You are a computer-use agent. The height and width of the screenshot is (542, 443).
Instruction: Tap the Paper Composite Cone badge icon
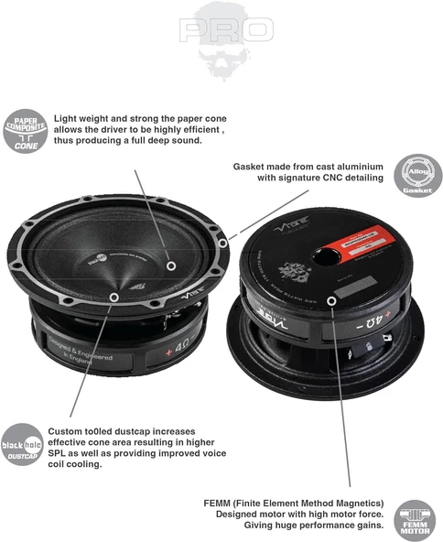click(x=26, y=131)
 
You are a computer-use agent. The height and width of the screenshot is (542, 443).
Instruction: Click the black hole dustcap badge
click(x=25, y=443)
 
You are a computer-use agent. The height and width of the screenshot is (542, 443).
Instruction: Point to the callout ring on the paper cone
click(x=170, y=266)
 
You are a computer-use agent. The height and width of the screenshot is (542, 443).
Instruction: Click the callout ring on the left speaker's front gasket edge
click(x=113, y=298)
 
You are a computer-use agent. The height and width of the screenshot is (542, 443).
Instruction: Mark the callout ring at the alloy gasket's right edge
click(x=223, y=244)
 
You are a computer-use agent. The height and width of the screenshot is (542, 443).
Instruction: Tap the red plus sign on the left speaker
click(x=167, y=349)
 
